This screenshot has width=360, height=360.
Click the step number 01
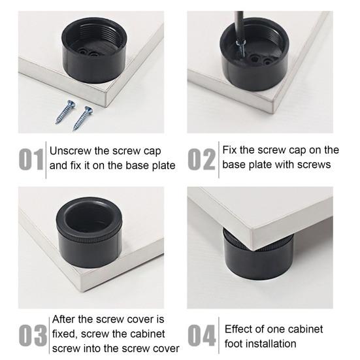pos(31,159)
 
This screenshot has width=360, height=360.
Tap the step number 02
pos(201,159)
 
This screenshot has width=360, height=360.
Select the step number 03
pos(33,335)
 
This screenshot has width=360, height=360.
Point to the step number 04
pos(202,335)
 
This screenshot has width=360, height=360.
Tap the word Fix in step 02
pos(229,150)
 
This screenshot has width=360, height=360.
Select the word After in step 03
pos(63,319)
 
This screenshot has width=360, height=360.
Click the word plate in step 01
pos(164,165)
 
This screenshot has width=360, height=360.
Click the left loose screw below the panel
pos(65,112)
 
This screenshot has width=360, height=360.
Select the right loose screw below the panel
pos(83,118)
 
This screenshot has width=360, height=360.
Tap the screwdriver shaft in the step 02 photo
pos(239,26)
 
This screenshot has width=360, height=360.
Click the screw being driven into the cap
pos(241,48)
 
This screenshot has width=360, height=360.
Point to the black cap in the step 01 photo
pos(94,50)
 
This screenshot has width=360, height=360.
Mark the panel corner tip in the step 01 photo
pos(106,107)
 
